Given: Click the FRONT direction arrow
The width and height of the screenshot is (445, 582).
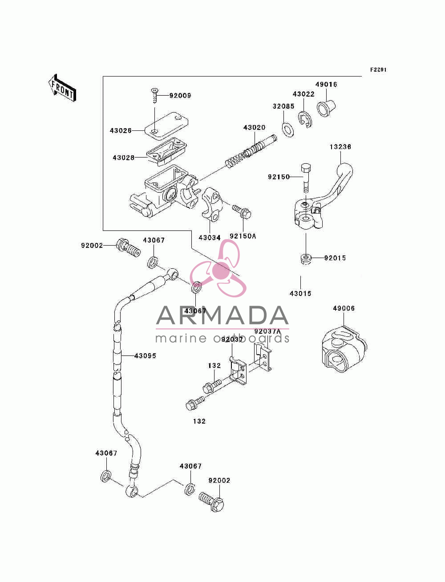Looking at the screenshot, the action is point(62,88).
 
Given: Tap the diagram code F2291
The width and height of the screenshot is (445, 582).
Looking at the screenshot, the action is point(378,70).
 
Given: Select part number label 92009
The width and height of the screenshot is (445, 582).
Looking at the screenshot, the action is point(180,96).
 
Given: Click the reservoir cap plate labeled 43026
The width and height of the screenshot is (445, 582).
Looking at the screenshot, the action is point(166,125).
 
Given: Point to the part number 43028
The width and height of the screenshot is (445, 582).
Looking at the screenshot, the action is point(124,158).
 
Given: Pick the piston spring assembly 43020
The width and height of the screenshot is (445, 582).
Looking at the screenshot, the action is point(251,152).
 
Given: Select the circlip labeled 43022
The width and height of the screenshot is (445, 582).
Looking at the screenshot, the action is point(305,120).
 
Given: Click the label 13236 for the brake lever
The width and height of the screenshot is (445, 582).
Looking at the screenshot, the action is point(340,147).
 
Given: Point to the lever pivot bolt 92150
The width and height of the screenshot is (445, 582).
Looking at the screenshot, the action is point(306,179).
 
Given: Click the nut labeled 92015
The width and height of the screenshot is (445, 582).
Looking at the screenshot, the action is point(306,259).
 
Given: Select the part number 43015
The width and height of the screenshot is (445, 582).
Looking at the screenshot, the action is point(300,294).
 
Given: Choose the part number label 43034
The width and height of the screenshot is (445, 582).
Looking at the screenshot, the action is point(210,238).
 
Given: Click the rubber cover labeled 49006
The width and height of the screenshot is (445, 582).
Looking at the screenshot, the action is point(344,350).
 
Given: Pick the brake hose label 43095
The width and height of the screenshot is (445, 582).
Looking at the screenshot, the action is point(145,356).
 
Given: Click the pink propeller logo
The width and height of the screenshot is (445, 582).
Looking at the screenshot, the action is point(218,268).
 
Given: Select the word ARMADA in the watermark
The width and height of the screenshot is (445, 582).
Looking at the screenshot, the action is point(222,315).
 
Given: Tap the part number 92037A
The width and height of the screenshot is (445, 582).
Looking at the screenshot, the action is point(267,331).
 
